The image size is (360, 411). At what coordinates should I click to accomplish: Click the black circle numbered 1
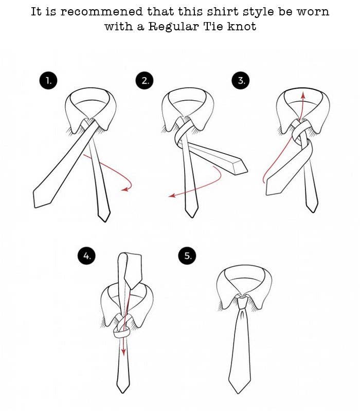[48, 81]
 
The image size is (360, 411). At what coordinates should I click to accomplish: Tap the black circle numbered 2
[145, 81]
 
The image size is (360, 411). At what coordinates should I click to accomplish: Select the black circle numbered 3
[241, 81]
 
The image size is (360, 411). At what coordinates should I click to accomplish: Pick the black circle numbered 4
[86, 255]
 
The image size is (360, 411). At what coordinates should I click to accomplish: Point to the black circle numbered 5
[187, 255]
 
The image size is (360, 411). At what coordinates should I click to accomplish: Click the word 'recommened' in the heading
[102, 12]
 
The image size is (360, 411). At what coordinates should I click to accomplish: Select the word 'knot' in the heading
[242, 26]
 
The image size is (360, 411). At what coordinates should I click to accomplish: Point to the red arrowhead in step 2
[172, 195]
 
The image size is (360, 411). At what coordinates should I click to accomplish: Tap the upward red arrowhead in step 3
[303, 95]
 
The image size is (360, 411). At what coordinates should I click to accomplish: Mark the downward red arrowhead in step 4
[123, 352]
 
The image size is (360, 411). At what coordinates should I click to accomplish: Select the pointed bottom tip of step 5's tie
[238, 393]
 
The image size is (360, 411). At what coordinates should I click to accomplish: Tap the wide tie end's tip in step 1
[34, 207]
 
